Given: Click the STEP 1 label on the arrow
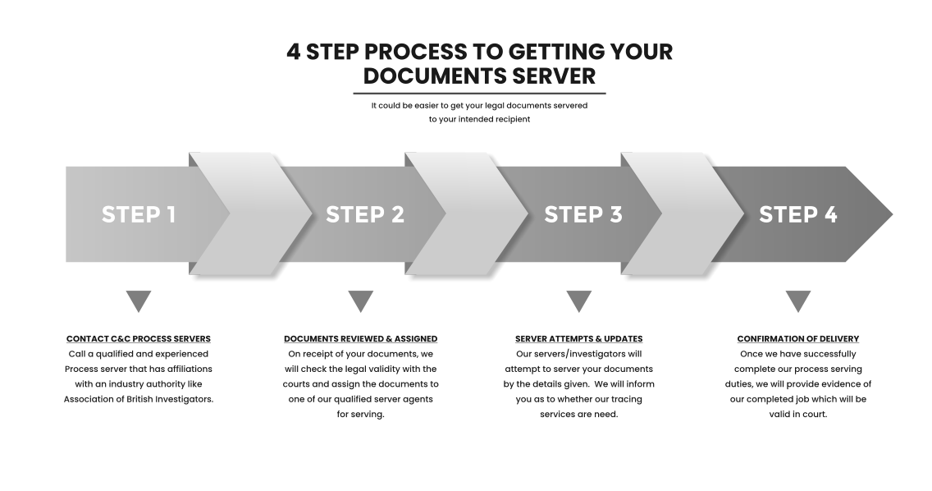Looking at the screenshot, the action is [139, 214].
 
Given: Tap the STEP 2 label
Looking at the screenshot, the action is [365, 214].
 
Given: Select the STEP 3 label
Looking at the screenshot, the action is [583, 214].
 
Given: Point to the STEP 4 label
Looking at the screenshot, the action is [797, 214].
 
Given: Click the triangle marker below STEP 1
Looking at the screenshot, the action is [139, 300].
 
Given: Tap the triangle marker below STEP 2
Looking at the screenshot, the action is [361, 300].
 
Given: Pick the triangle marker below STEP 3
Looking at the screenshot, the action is [579, 300].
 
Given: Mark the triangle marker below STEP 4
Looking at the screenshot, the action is [798, 300].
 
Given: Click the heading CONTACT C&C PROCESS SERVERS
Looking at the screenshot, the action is [139, 338].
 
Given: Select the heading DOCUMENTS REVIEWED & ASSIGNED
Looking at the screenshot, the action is [361, 338].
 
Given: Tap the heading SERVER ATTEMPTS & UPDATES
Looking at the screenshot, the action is [579, 338].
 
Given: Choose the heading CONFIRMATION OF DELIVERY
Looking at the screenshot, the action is [798, 338].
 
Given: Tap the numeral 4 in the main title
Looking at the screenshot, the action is [294, 52].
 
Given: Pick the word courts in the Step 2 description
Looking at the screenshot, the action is [296, 384].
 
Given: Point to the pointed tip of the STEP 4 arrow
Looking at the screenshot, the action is [892, 214].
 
